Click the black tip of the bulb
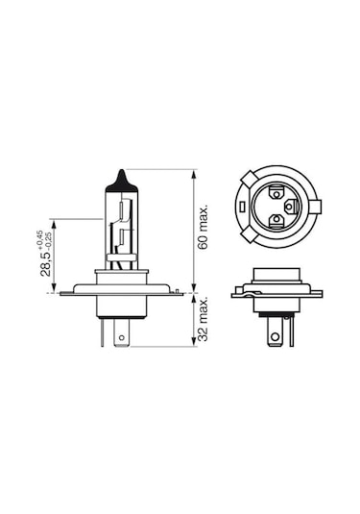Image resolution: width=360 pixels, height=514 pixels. (x=121, y=180)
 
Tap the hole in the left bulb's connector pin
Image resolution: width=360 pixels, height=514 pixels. (x=119, y=336)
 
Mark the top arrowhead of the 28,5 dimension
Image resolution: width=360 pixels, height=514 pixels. (x=52, y=222)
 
